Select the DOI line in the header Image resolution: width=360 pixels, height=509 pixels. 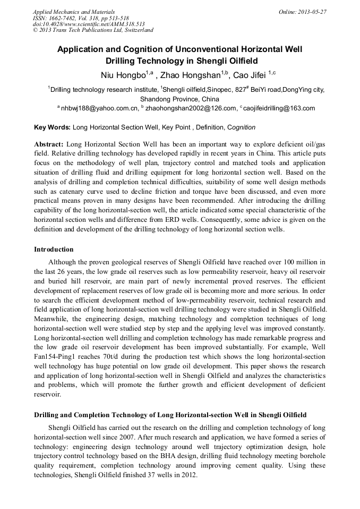89,24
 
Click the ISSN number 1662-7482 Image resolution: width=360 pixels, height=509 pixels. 66,18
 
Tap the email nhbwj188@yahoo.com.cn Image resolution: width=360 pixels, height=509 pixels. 100,108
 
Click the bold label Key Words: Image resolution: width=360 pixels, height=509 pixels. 52,127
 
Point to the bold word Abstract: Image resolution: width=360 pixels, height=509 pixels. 49,144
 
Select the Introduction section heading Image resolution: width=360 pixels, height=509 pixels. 54,249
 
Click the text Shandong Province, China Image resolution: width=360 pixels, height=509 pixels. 179,99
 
